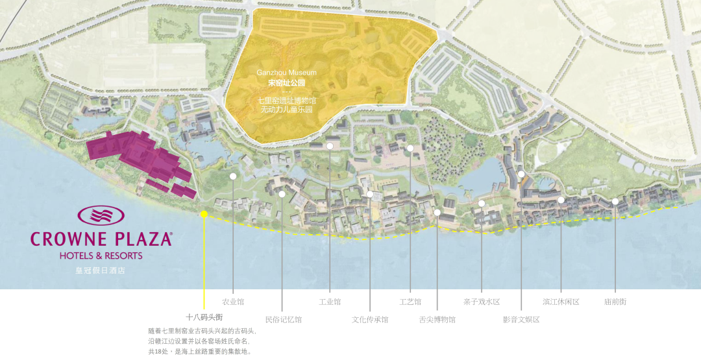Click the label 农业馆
pyautogui.click(x=233, y=302)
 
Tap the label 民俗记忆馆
pyautogui.click(x=283, y=319)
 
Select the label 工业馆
pyautogui.click(x=330, y=302)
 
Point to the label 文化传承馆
pyautogui.click(x=370, y=319)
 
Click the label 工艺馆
pyautogui.click(x=410, y=302)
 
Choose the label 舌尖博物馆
pyautogui.click(x=437, y=319)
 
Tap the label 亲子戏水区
pyautogui.click(x=482, y=302)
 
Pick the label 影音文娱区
pyautogui.click(x=521, y=319)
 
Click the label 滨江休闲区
pyautogui.click(x=561, y=302)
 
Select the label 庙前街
pyautogui.click(x=615, y=302)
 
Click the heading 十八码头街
pyautogui.click(x=204, y=317)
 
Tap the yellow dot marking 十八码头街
pyautogui.click(x=204, y=213)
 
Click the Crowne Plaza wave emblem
pyautogui.click(x=101, y=217)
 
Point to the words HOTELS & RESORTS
pyautogui.click(x=101, y=256)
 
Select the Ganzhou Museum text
pyautogui.click(x=286, y=73)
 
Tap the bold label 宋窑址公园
pyautogui.click(x=286, y=83)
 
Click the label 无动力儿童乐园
pyautogui.click(x=286, y=110)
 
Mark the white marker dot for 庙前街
pyautogui.click(x=615, y=201)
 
